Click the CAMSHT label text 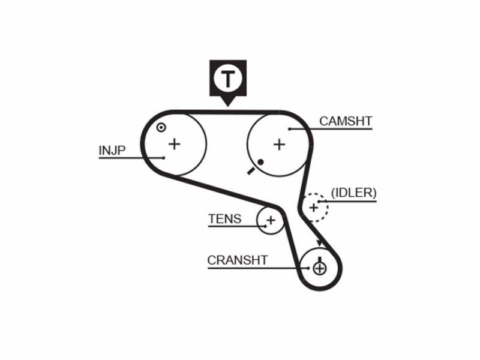coord(346,121)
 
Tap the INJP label coord(112,151)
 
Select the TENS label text coord(224,219)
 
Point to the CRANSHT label coord(238,260)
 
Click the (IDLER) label coord(354,193)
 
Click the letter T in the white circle coord(228,79)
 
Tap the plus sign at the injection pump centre coord(175,143)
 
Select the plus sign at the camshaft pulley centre coord(279,144)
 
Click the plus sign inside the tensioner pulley coord(271,220)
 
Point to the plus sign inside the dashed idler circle coord(314,208)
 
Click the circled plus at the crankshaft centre coord(320,269)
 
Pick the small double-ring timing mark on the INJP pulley coord(161,127)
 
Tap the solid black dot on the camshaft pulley coord(260,162)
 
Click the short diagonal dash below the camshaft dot coord(251,171)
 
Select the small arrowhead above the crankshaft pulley coord(319,243)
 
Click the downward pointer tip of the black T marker coord(228,106)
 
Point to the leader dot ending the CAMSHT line coord(290,129)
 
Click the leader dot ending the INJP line coord(164,158)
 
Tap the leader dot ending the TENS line coord(266,227)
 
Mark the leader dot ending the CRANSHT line coord(308,268)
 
